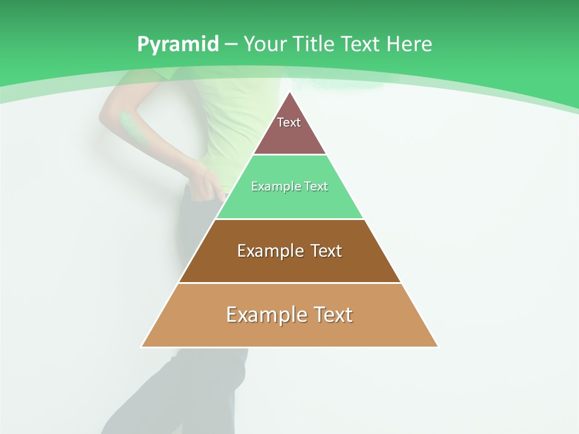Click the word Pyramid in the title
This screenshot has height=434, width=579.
[x=178, y=44]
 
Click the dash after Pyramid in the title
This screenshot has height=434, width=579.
[x=230, y=45]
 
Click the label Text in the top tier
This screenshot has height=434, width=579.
[x=289, y=122]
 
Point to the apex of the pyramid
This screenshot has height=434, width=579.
[x=289, y=93]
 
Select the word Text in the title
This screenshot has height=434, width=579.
[x=361, y=44]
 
